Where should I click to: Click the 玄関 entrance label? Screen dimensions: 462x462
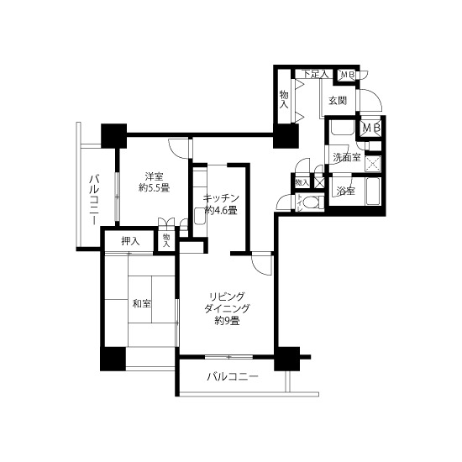338,101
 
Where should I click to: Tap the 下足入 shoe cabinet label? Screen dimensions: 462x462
316,74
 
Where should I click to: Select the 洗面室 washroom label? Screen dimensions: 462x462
347,157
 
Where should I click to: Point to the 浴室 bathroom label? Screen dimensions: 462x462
345,192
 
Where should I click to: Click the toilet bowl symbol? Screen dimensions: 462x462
310,202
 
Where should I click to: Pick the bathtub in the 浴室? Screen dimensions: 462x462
373,192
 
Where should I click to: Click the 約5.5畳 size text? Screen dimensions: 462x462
154,187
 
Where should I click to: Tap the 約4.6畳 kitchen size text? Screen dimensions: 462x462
221,210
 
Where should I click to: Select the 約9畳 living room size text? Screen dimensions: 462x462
227,320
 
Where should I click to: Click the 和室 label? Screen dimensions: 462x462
142,303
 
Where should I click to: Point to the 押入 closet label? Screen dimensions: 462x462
130,242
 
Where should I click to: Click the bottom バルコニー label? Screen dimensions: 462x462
233,376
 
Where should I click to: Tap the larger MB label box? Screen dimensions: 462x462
371,128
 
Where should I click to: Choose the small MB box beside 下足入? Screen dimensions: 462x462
347,75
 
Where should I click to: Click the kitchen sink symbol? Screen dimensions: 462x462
199,217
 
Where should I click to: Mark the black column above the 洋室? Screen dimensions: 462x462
113,136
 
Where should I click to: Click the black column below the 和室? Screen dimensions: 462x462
113,359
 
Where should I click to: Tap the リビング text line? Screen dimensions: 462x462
227,296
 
